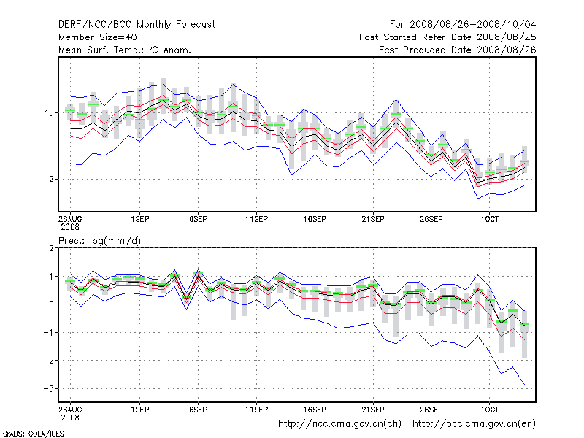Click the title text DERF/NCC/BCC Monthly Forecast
pyautogui.click(x=137, y=24)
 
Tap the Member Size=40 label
pyautogui.click(x=97, y=36)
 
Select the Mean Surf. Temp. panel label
pyautogui.click(x=125, y=50)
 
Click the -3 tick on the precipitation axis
pyautogui.click(x=51, y=389)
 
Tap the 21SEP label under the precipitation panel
pyautogui.click(x=373, y=410)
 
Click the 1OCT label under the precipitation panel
pyautogui.click(x=489, y=410)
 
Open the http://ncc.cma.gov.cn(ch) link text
pyautogui.click(x=341, y=423)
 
